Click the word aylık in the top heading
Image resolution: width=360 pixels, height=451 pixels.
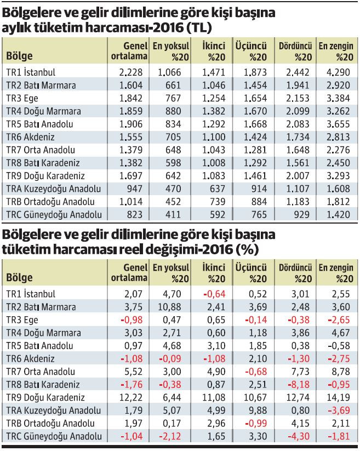pos(17,28)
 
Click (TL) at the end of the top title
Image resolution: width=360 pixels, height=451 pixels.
pos(199,28)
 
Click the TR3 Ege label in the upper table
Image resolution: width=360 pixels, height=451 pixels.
pos(22,98)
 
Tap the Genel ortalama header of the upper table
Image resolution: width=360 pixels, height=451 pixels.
pos(130,51)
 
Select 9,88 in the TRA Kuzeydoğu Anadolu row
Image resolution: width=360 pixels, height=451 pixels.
pos(254,410)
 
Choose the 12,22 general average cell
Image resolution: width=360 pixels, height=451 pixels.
pos(134,397)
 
